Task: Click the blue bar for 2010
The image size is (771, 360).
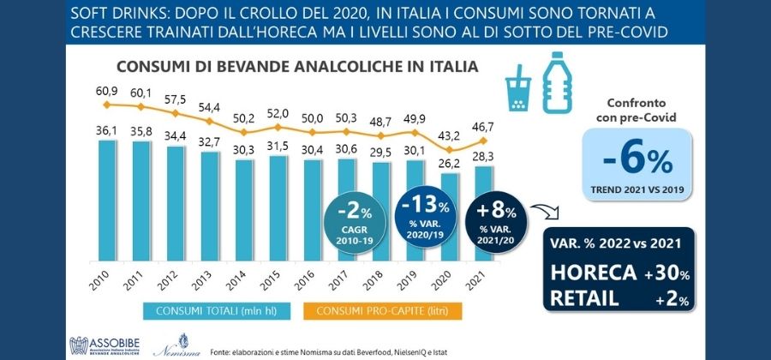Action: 108,201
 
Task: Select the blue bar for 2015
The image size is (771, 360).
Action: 278,208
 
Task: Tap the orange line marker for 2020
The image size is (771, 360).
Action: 450,150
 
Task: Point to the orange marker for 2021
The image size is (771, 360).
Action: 484,141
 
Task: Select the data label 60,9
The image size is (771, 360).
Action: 106,91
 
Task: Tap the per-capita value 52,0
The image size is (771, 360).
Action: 278,113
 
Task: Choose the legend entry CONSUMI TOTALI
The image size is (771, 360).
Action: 217,311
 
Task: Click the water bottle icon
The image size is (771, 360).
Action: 557,82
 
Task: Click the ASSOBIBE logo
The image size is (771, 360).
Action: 105,345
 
